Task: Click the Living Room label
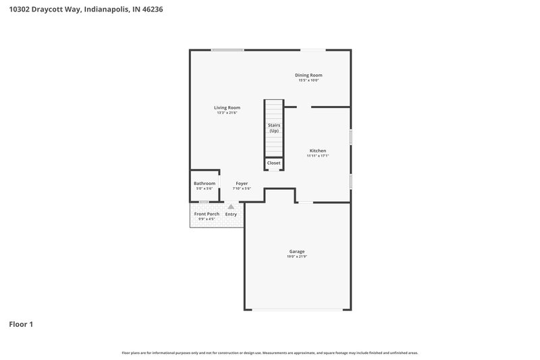coord(227,107)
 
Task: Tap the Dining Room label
coord(308,75)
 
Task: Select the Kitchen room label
coord(317,151)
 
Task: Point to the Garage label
coord(298,251)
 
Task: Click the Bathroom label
coord(205,184)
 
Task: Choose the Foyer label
coord(242,184)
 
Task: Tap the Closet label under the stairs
coord(273,163)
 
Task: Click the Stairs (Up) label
coord(274,128)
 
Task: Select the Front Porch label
coord(207,214)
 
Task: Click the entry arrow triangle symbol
coord(231,207)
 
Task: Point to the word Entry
coord(231,214)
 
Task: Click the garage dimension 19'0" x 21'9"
coord(298,257)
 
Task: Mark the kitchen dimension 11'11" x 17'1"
coord(317,156)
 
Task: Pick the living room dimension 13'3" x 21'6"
coord(227,113)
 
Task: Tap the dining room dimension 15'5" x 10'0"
coord(308,80)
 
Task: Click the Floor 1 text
coord(21,324)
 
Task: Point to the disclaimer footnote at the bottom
coord(270,353)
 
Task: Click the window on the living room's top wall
coord(227,50)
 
